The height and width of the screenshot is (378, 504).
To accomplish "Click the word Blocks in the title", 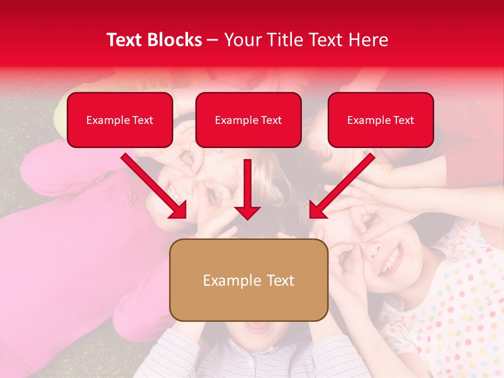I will (x=174, y=40).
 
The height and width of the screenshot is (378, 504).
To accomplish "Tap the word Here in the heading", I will (x=369, y=40).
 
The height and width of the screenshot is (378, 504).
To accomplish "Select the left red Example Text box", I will (x=120, y=120).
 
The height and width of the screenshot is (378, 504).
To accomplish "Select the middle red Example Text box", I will (x=248, y=120).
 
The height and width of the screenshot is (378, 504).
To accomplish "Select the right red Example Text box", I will (x=381, y=120).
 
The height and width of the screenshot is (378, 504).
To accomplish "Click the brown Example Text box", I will (x=248, y=280).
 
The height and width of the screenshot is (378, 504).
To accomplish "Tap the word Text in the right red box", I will (x=404, y=120).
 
